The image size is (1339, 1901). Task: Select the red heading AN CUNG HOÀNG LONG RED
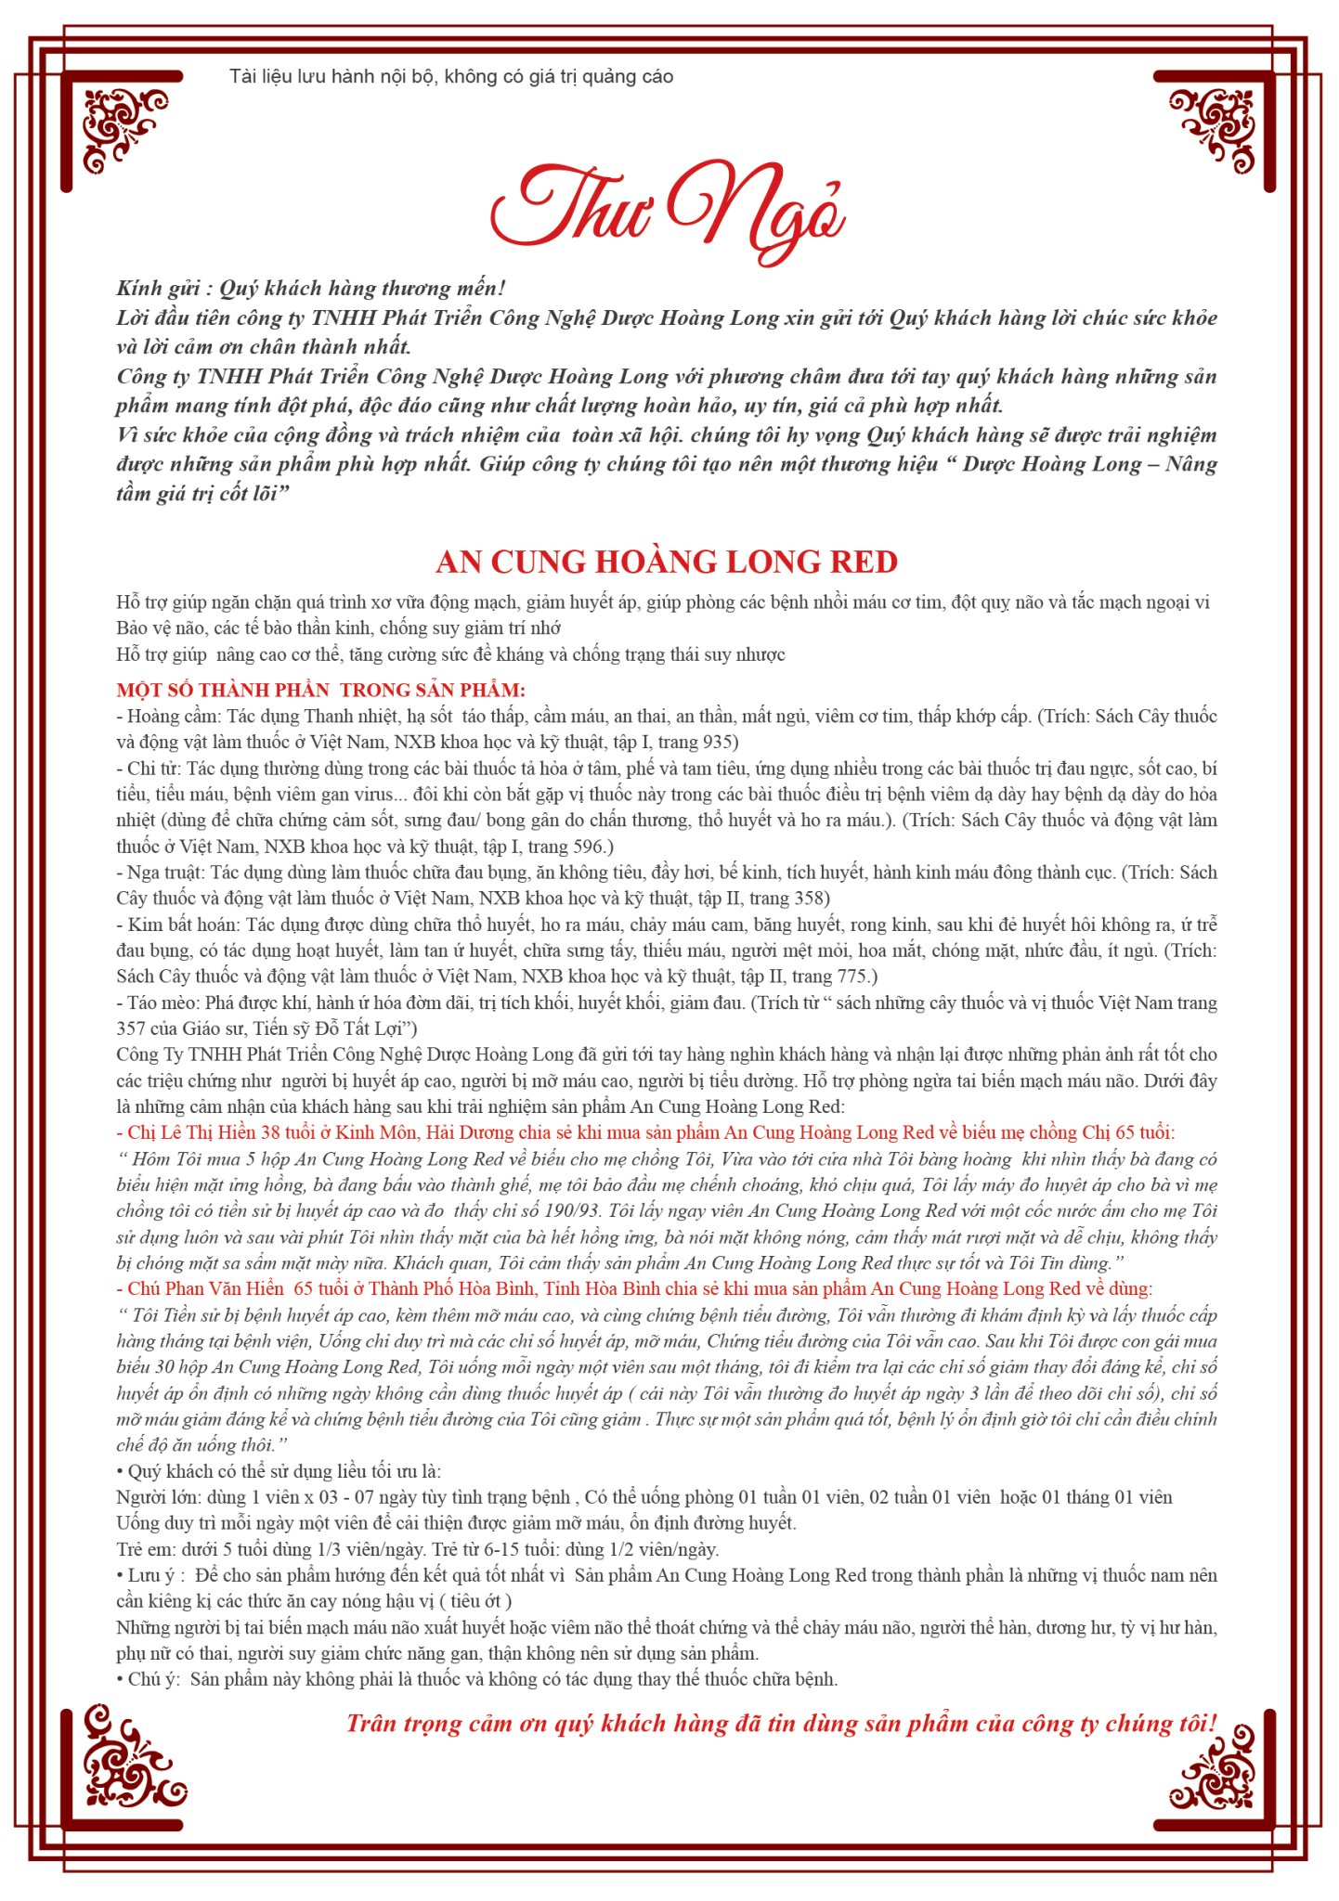pos(667,562)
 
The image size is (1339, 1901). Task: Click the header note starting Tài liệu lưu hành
pos(451,77)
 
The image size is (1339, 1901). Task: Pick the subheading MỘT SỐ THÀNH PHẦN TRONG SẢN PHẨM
pos(320,690)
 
